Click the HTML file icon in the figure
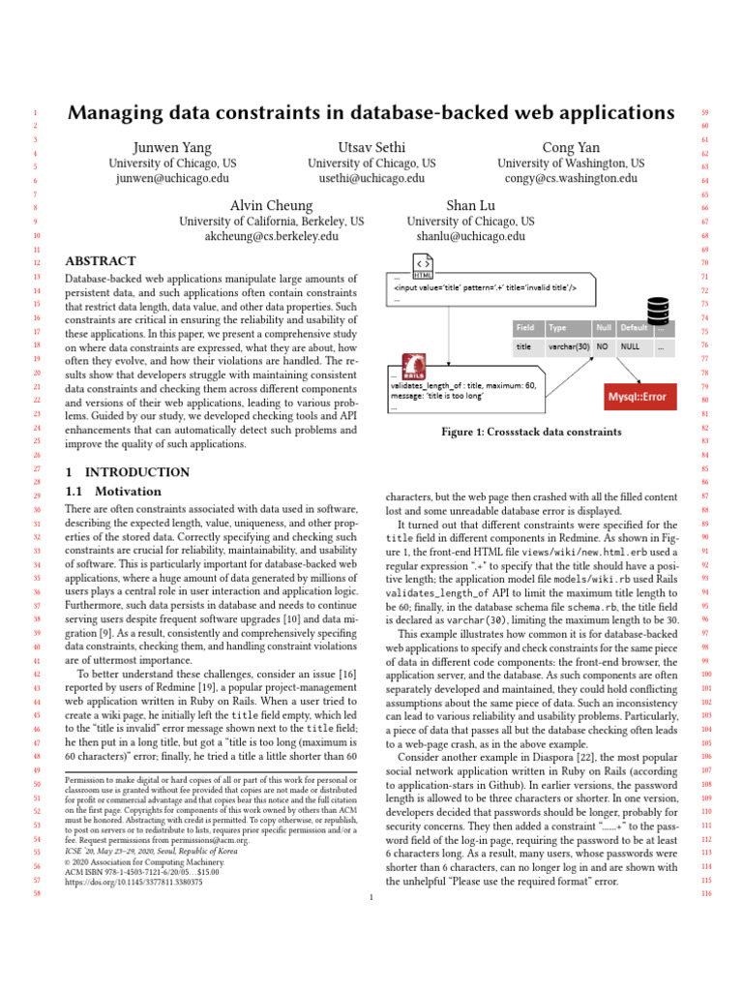coord(423,265)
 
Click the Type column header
coord(557,328)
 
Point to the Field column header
coord(525,328)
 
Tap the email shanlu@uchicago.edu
coord(471,235)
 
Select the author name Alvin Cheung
coord(272,205)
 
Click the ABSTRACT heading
coord(100,261)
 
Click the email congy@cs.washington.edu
coord(571,178)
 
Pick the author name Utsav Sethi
coord(371,146)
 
